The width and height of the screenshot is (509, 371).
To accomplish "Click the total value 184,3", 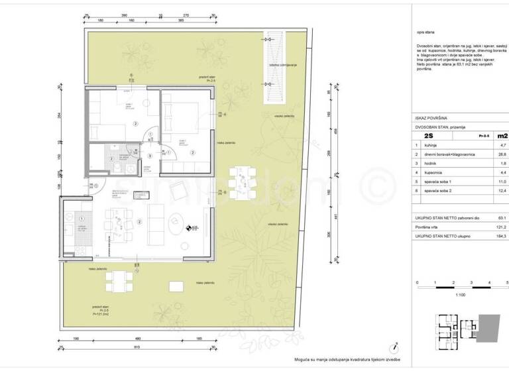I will [502, 235].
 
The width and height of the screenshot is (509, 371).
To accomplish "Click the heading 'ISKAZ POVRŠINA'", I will [432, 116].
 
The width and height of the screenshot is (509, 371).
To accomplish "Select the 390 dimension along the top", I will [123, 14].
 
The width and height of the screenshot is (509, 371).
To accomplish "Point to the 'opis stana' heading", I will [425, 31].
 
